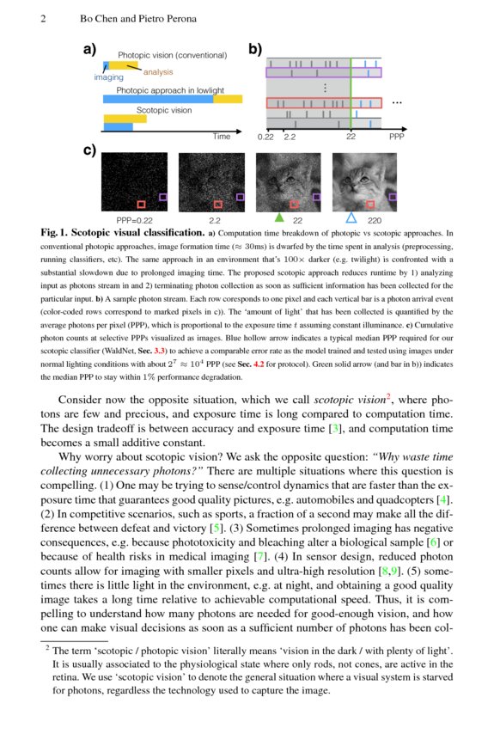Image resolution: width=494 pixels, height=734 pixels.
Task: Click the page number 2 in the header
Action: coord(43,19)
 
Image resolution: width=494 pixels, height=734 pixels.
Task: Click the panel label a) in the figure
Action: coord(89,49)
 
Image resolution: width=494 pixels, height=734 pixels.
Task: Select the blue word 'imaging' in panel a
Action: coord(108,76)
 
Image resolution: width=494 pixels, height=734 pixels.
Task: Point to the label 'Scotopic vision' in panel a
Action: coord(164,110)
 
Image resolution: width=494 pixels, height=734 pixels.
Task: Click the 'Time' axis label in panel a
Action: coord(223,136)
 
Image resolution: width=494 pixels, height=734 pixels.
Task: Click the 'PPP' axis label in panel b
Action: coord(396,136)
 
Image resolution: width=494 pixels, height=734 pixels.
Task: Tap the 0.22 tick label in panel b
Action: coord(265,136)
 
